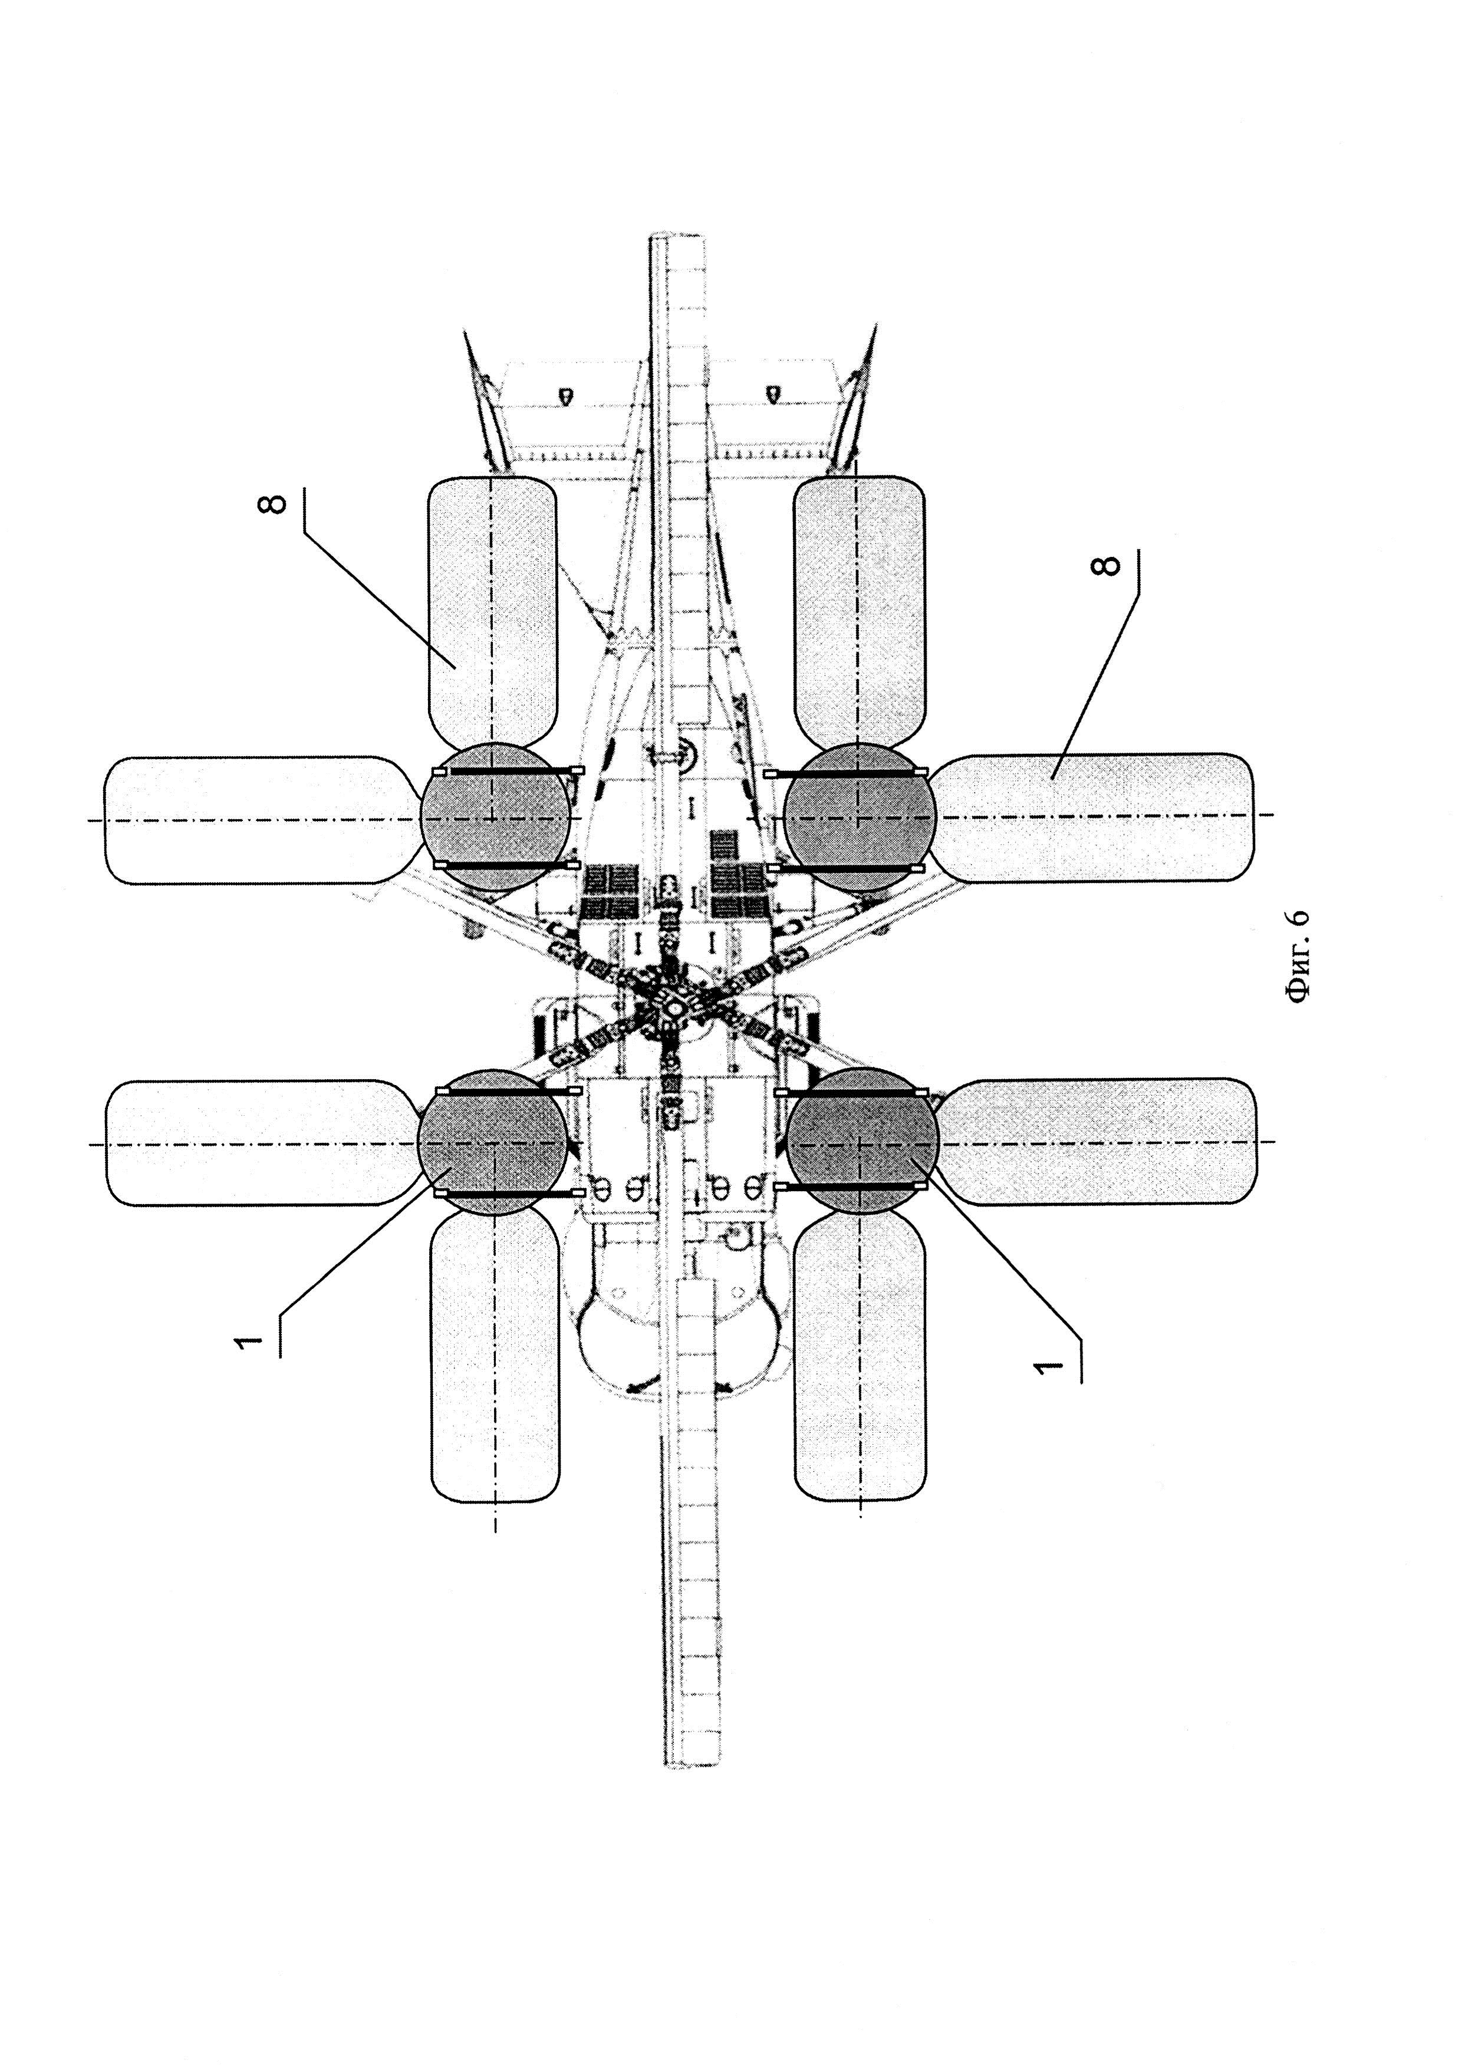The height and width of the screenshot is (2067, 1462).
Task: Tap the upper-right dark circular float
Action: tap(860, 817)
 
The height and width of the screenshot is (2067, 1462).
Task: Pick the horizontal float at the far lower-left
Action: tap(261, 1142)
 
